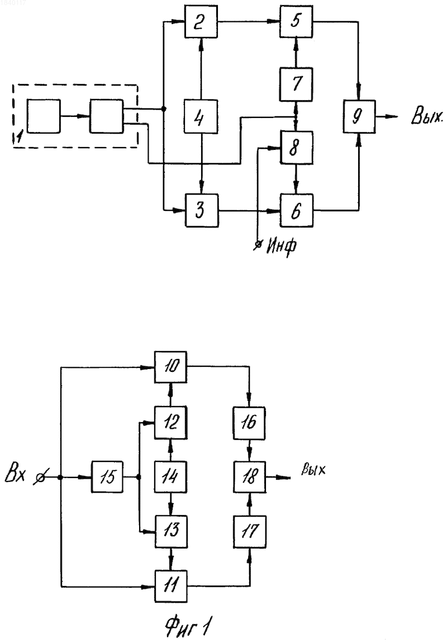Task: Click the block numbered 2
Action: [201, 22]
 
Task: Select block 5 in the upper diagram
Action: [296, 22]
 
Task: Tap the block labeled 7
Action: [296, 84]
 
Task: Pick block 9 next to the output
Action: [359, 116]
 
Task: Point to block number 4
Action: [201, 116]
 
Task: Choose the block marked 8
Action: [296, 148]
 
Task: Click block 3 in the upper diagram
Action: [202, 210]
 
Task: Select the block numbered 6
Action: [296, 210]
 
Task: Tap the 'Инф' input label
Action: [282, 247]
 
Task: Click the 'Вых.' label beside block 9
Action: [427, 116]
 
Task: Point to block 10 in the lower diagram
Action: [171, 367]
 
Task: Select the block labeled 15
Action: [107, 476]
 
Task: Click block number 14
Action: [171, 476]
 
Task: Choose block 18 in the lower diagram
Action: [250, 476]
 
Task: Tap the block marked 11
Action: [171, 586]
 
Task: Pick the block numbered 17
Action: [250, 532]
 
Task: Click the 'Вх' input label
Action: [16, 476]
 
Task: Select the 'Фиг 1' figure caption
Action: [189, 626]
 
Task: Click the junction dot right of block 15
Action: [139, 477]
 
